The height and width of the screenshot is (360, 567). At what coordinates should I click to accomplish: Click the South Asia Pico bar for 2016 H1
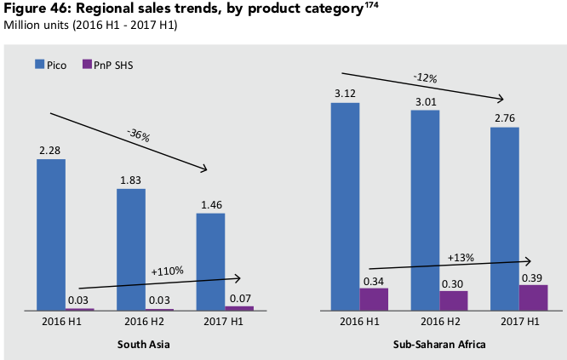tap(51, 234)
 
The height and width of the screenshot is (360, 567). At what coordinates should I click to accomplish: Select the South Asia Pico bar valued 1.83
tap(131, 249)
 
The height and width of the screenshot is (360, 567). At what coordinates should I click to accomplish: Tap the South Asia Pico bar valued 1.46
tap(210, 261)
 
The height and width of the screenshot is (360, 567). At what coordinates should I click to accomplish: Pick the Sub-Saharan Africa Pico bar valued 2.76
tap(505, 219)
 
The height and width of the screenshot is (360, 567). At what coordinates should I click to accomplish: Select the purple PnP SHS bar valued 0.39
tap(534, 297)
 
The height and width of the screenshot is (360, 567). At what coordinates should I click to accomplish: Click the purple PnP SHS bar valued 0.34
tap(374, 299)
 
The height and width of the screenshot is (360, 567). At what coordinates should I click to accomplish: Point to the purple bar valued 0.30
tap(454, 300)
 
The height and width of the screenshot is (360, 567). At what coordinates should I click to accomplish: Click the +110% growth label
tap(167, 271)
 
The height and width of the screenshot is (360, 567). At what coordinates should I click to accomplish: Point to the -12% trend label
tap(426, 77)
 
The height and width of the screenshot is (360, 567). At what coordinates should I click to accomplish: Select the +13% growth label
tap(461, 256)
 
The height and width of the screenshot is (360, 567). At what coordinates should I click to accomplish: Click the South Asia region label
tap(145, 344)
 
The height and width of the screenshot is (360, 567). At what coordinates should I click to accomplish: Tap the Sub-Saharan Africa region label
tap(439, 344)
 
